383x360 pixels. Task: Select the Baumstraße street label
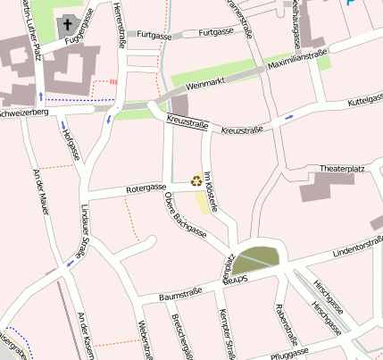[x=180, y=293]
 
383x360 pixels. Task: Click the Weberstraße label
[x=144, y=340]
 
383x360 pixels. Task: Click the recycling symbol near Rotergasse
[x=196, y=180]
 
